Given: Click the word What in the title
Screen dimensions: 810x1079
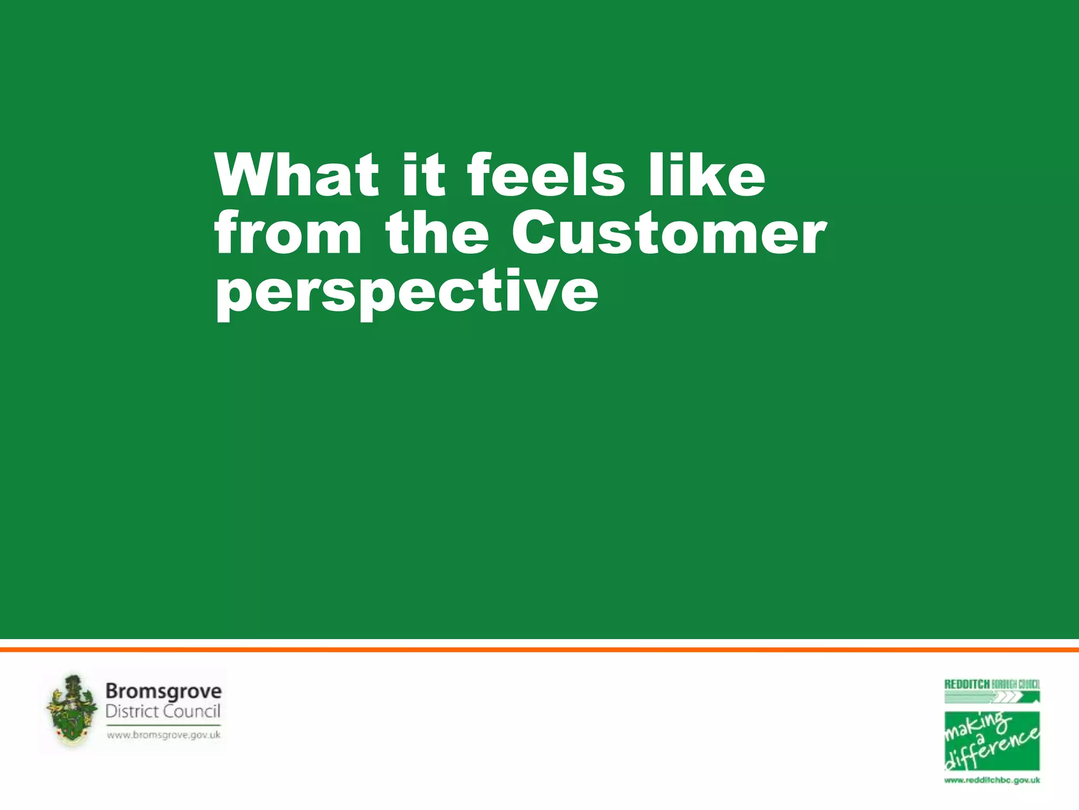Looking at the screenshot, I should [x=296, y=175].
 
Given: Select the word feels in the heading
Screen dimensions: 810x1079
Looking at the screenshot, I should [x=546, y=175].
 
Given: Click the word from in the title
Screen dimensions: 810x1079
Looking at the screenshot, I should [x=288, y=233].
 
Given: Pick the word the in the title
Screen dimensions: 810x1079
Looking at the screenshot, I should [x=437, y=233].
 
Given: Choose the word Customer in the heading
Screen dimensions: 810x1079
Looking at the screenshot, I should [x=669, y=233].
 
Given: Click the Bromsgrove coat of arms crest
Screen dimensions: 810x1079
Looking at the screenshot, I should [x=72, y=710].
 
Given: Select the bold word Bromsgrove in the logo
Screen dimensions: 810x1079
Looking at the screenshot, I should [x=163, y=691].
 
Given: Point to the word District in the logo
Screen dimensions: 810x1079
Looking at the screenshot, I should [x=132, y=711].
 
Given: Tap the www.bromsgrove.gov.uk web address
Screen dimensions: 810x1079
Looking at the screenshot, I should [x=163, y=735].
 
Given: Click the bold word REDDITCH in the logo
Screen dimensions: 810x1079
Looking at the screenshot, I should [x=966, y=684].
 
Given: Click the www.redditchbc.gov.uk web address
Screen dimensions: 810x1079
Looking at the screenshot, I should [x=992, y=780].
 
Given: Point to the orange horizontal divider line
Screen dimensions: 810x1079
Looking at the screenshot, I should [x=539, y=650].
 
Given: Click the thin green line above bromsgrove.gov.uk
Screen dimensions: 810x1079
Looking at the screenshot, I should [x=163, y=725].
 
